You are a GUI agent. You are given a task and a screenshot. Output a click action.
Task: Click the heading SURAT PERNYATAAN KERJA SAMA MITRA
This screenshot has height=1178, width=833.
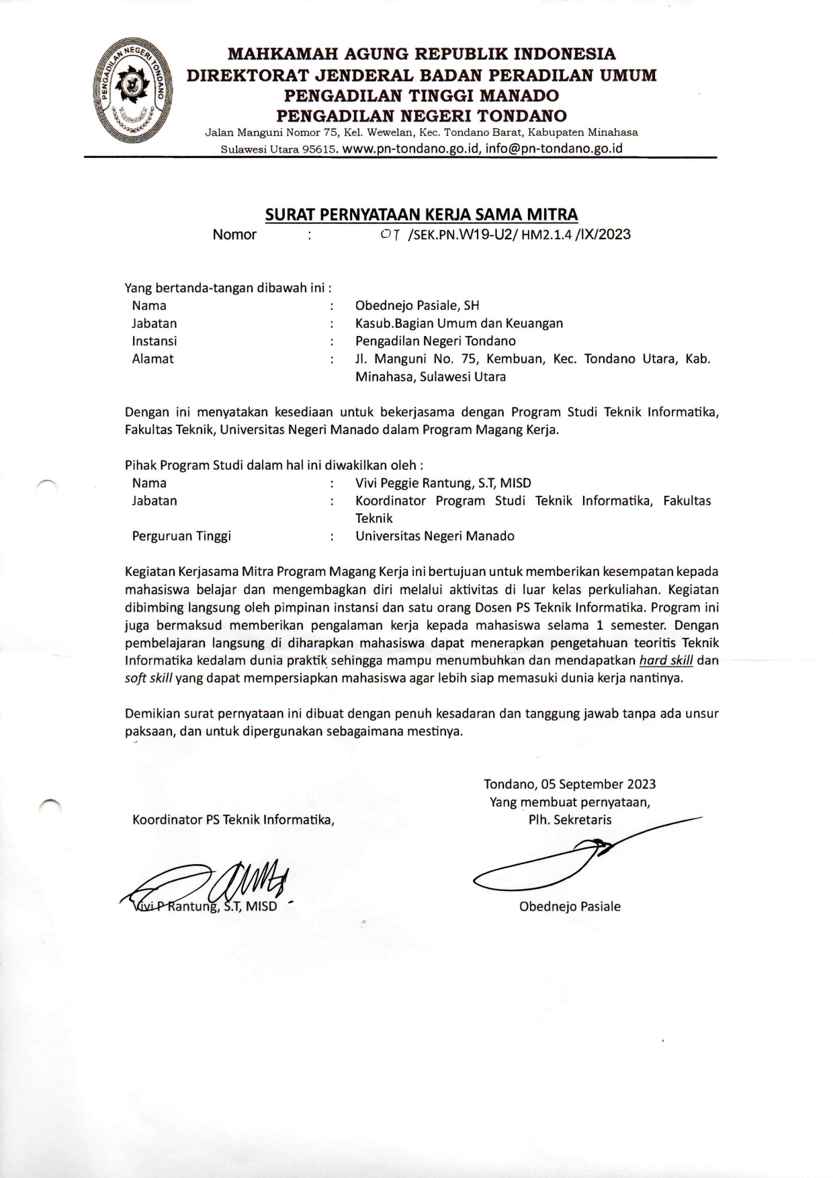(x=421, y=214)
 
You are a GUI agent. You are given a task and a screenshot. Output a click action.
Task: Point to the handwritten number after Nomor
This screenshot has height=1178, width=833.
(x=390, y=235)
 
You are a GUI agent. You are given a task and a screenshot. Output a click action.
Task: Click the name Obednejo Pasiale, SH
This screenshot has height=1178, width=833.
(x=416, y=306)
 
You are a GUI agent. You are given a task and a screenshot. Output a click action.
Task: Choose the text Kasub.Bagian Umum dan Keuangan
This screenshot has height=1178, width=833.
(x=459, y=323)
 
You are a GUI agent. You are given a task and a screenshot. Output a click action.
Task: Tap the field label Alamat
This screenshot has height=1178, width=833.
(x=152, y=359)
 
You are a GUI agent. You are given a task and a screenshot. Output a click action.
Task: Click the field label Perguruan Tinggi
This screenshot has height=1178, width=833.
(x=181, y=536)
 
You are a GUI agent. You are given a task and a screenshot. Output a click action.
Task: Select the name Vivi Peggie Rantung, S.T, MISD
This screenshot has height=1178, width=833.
(x=443, y=483)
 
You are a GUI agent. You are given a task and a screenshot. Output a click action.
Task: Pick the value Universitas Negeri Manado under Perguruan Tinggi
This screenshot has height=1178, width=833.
(x=435, y=536)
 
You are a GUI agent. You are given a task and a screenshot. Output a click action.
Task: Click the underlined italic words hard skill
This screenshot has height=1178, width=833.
(x=666, y=661)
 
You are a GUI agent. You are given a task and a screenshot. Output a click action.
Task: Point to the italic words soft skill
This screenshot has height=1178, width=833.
(x=149, y=678)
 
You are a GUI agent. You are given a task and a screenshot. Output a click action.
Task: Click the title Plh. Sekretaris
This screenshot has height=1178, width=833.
(x=570, y=820)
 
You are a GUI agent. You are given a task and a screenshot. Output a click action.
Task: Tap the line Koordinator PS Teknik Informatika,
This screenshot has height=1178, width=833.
(x=233, y=820)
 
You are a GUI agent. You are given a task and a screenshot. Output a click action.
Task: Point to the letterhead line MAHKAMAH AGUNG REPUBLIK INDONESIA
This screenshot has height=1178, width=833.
(x=421, y=54)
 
